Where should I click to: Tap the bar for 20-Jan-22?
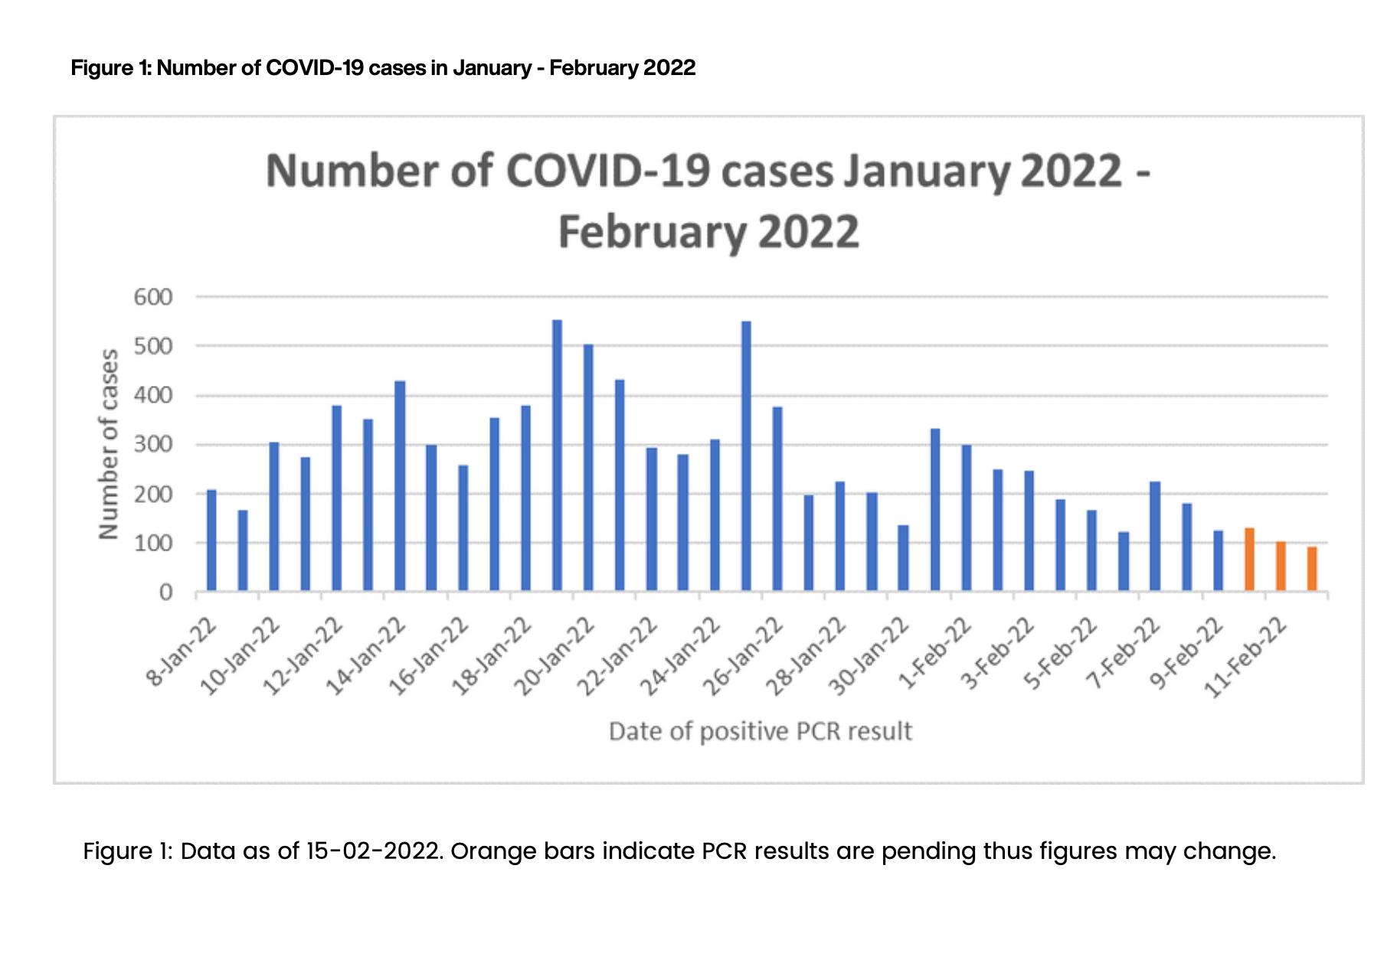(588, 468)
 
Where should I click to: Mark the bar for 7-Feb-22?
(1155, 537)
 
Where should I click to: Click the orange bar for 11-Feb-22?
(1281, 567)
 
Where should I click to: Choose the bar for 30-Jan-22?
(903, 558)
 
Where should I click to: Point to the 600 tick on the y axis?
(153, 297)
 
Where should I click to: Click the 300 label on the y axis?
(153, 445)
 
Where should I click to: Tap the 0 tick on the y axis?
(165, 593)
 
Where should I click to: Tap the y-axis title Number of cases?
(109, 444)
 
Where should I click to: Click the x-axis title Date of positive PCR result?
(760, 732)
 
